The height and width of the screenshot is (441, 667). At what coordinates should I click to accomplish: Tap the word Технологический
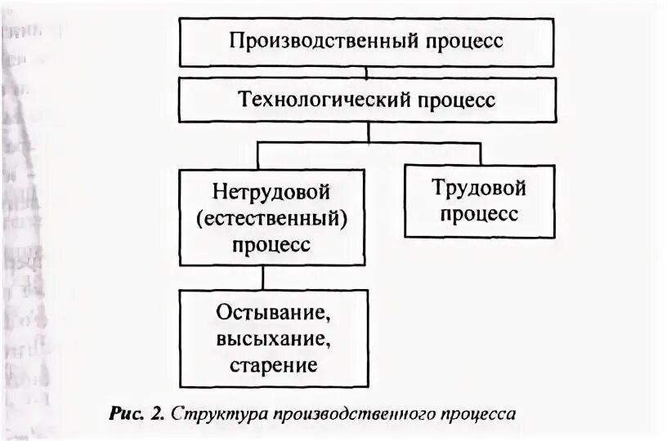pos(315,100)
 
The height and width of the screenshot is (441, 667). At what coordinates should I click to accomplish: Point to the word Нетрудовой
pos(271,193)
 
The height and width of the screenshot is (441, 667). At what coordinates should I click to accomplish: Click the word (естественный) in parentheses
pos(273,219)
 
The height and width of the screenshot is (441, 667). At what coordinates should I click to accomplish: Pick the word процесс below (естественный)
pos(271,244)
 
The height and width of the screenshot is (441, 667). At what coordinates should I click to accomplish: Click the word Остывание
pos(273,313)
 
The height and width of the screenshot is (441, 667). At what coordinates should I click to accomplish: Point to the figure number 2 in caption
pos(156,413)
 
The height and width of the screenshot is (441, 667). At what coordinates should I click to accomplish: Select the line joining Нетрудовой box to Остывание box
pos(262,278)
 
